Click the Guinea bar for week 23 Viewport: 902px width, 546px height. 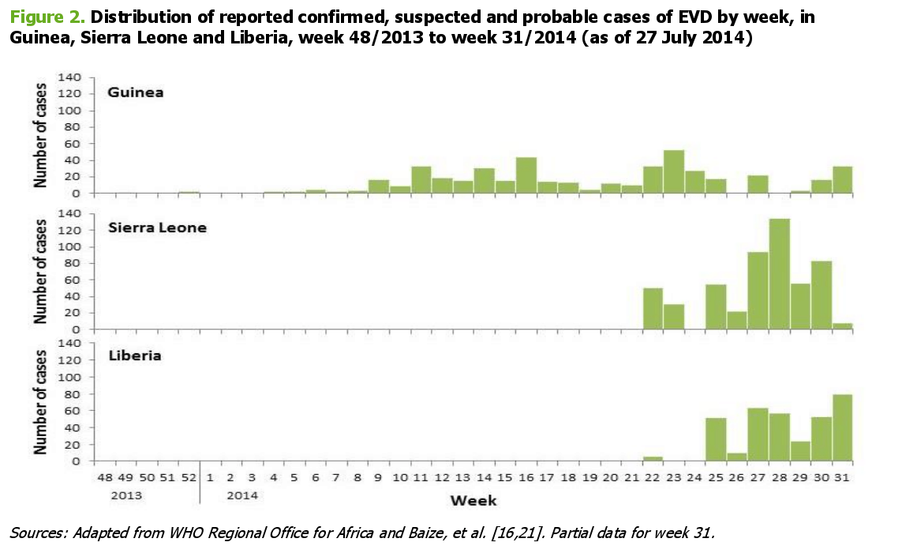tap(673, 172)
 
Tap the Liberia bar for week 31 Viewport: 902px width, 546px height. tap(842, 427)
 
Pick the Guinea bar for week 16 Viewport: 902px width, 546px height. tap(526, 175)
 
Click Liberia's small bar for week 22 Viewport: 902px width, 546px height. tap(653, 458)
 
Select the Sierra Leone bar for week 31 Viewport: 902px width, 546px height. tap(842, 326)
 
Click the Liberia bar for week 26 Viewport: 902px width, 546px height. tap(736, 457)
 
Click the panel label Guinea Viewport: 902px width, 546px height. tap(136, 92)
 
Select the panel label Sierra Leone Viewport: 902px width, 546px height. tap(157, 228)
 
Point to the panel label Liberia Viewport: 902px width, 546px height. tap(134, 356)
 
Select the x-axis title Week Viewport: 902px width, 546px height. tap(473, 500)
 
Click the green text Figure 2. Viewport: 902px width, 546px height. tap(43, 17)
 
